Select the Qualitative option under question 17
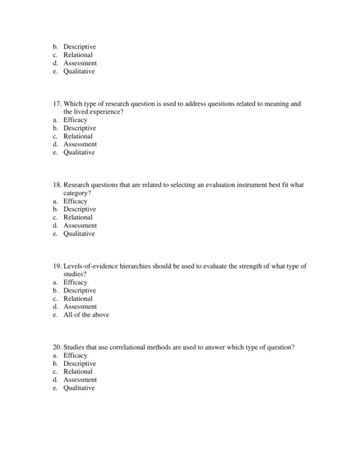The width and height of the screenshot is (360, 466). pyautogui.click(x=79, y=153)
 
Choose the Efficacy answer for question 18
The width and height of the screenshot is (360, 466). pyautogui.click(x=76, y=201)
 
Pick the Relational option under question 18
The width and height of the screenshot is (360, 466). pyautogui.click(x=78, y=217)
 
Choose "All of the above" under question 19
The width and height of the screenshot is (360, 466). pyautogui.click(x=86, y=315)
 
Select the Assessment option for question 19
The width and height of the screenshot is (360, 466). pyautogui.click(x=80, y=307)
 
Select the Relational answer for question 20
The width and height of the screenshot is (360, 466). pyautogui.click(x=78, y=372)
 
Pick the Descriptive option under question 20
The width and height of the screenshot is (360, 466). pyautogui.click(x=80, y=364)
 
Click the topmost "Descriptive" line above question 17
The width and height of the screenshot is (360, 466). pyautogui.click(x=80, y=47)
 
